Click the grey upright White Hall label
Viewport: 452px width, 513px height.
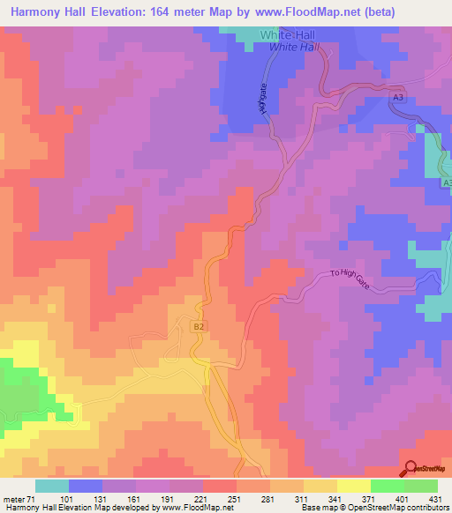(x=288, y=34)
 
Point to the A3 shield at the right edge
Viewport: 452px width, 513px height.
(x=446, y=182)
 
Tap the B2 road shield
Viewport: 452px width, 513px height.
(x=199, y=325)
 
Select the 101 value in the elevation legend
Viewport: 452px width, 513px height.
(x=68, y=499)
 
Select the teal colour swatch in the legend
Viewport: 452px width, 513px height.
(x=51, y=486)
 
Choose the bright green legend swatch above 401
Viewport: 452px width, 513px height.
(x=387, y=486)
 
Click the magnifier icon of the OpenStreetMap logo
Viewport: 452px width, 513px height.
(x=410, y=468)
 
